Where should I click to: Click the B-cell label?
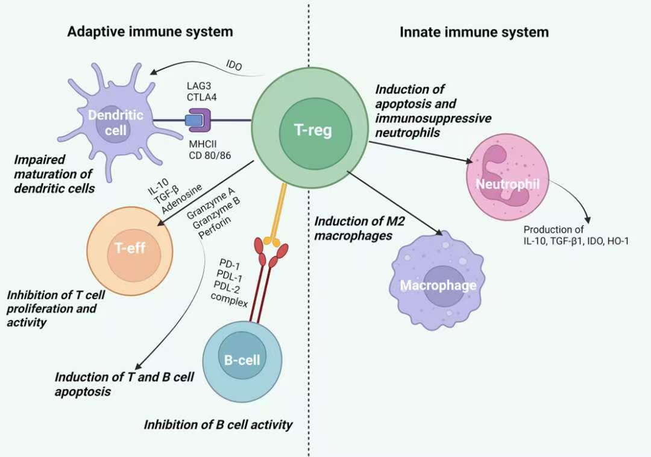[242, 361]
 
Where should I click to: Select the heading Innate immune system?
[474, 32]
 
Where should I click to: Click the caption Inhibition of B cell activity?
[218, 424]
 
